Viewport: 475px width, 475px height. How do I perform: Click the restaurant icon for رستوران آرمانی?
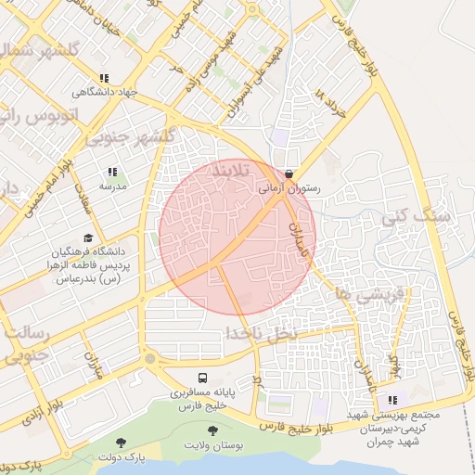pyautogui.click(x=290, y=173)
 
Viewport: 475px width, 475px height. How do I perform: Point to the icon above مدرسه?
pyautogui.click(x=112, y=172)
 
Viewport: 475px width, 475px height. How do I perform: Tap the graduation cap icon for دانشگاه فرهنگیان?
pyautogui.click(x=88, y=238)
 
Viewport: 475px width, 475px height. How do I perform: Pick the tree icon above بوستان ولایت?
pyautogui.click(x=213, y=431)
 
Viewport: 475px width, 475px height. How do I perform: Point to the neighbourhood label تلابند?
pyautogui.click(x=234, y=173)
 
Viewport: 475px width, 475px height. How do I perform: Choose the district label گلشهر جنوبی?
pyautogui.click(x=130, y=137)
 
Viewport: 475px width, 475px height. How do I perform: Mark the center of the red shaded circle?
pyautogui.click(x=237, y=237)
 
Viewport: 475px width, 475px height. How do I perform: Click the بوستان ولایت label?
pyautogui.click(x=214, y=446)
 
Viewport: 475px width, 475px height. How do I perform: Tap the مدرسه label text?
pyautogui.click(x=112, y=186)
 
